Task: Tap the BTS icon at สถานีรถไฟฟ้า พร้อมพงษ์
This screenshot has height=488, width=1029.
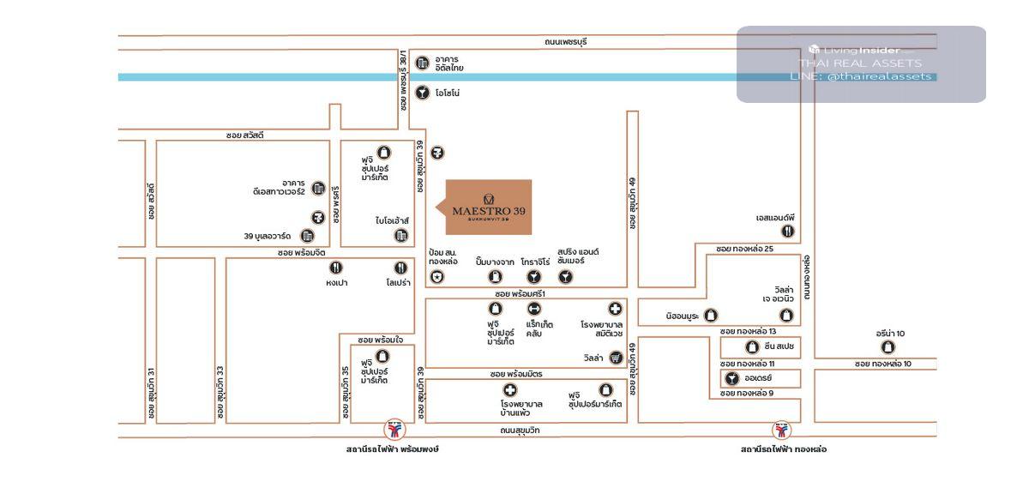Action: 394,430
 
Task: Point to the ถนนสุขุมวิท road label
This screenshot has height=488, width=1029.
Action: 520,431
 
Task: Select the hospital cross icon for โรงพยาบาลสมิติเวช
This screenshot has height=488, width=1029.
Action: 615,309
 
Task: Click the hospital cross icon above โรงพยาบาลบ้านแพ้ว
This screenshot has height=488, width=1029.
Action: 510,390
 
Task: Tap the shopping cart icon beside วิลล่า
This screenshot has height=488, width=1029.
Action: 615,358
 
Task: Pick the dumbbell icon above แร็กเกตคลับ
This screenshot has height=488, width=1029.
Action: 534,309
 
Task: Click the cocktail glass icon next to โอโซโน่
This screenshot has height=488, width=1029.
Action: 422,93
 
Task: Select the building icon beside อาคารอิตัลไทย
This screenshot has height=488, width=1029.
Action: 422,63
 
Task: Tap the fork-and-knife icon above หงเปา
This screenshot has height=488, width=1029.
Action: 336,268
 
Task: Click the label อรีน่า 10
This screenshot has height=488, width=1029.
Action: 889,333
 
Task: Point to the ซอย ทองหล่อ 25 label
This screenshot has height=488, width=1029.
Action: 745,249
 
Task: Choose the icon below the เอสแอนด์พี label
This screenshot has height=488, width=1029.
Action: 788,231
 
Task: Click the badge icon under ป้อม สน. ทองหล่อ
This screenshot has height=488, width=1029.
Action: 438,276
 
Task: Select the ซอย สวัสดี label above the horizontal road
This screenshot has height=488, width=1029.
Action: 245,136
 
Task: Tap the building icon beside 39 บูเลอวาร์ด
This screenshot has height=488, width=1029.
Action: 307,236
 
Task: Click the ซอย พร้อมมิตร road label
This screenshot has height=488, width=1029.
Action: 517,375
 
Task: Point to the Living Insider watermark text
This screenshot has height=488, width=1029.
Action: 860,50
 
